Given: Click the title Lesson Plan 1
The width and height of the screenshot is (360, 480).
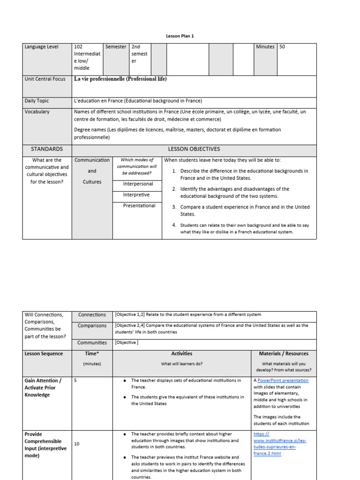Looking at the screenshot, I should [180, 36].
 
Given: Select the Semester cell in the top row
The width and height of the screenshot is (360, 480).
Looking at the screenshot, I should [116, 47].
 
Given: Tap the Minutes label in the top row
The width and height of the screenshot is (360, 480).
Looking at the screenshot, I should [265, 47].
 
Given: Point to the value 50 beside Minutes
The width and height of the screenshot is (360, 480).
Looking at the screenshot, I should [282, 47].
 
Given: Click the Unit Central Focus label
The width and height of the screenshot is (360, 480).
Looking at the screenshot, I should [45, 79].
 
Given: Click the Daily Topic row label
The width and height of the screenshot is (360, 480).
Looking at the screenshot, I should [37, 101].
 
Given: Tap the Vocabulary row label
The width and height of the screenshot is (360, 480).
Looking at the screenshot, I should [37, 112].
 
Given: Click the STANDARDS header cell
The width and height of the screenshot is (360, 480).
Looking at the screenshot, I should [47, 149].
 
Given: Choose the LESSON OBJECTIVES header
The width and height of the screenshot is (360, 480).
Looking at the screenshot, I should [194, 149].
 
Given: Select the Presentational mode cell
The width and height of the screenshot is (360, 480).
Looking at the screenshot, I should [139, 206].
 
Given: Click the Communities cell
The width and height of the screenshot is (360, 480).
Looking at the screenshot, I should [92, 343].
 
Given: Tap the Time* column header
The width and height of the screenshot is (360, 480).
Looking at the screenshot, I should [92, 354].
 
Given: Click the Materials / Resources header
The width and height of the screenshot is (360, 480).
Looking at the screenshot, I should [284, 354].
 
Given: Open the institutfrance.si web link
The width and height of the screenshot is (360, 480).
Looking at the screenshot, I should [280, 441].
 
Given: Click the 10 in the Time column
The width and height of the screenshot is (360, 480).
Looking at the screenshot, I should [77, 444].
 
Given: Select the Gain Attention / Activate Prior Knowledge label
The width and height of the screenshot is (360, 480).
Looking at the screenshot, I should [43, 388].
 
